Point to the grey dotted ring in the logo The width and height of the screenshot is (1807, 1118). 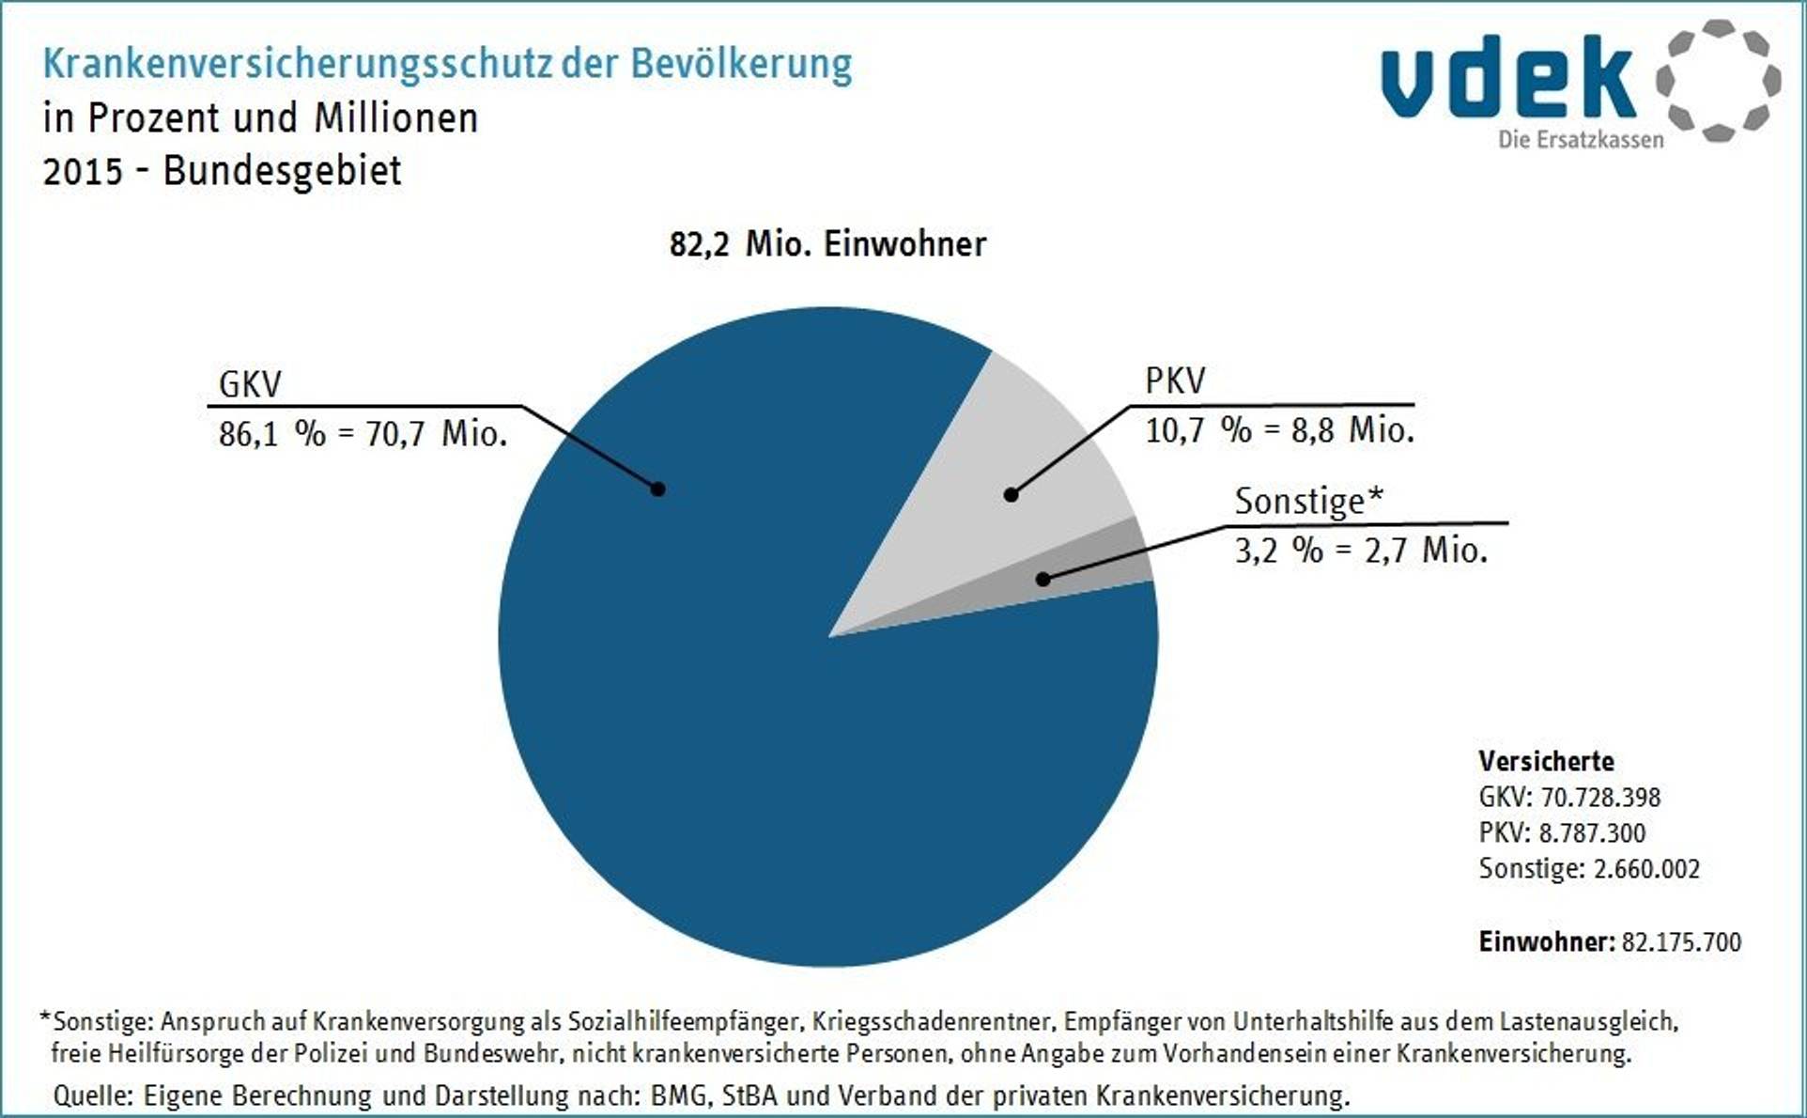tap(1719, 81)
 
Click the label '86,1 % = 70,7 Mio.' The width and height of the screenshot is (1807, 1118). tap(363, 434)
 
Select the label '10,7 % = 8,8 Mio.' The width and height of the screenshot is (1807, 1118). tap(1279, 430)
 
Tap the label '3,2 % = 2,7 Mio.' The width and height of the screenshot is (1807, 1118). tap(1361, 550)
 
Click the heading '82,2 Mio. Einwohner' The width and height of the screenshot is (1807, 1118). tap(827, 244)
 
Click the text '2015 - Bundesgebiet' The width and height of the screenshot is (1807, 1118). tap(223, 171)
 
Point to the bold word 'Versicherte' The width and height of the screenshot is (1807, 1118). tap(1546, 761)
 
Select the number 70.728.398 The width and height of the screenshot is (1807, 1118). tap(1600, 798)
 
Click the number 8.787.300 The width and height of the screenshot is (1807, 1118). tap(1592, 833)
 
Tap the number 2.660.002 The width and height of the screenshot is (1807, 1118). tap(1646, 869)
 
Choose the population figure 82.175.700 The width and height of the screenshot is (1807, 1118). tap(1681, 942)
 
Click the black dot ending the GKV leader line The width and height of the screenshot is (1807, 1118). tap(658, 489)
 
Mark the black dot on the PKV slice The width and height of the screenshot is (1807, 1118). tap(1011, 494)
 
